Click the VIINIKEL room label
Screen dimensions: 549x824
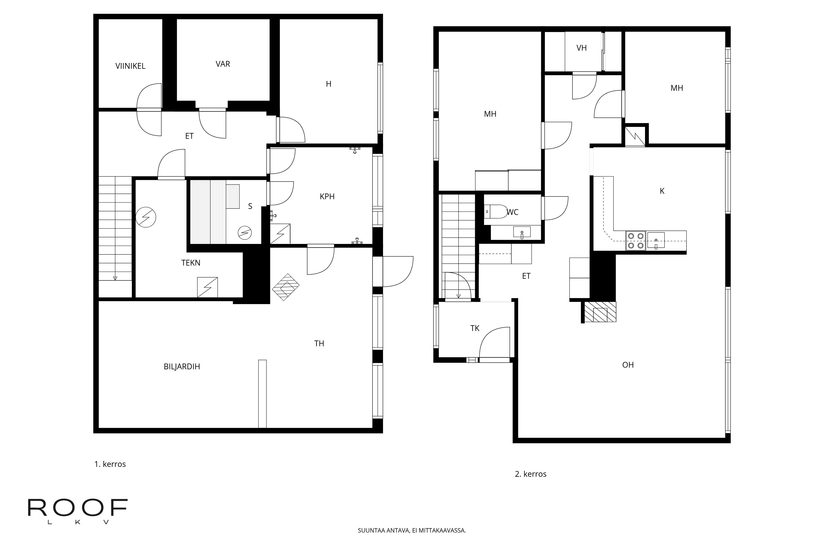130,66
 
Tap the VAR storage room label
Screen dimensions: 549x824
223,64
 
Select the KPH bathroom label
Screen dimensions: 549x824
327,196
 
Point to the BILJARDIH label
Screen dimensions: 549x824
182,367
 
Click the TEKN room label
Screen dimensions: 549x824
191,263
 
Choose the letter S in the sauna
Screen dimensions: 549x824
250,206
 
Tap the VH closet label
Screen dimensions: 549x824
582,48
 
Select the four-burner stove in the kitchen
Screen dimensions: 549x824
636,241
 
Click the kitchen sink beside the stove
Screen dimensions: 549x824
656,240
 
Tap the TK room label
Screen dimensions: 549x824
475,328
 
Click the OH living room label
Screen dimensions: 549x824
628,365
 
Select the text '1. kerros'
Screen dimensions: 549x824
110,464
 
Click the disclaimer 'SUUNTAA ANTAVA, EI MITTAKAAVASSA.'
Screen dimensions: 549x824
412,530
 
